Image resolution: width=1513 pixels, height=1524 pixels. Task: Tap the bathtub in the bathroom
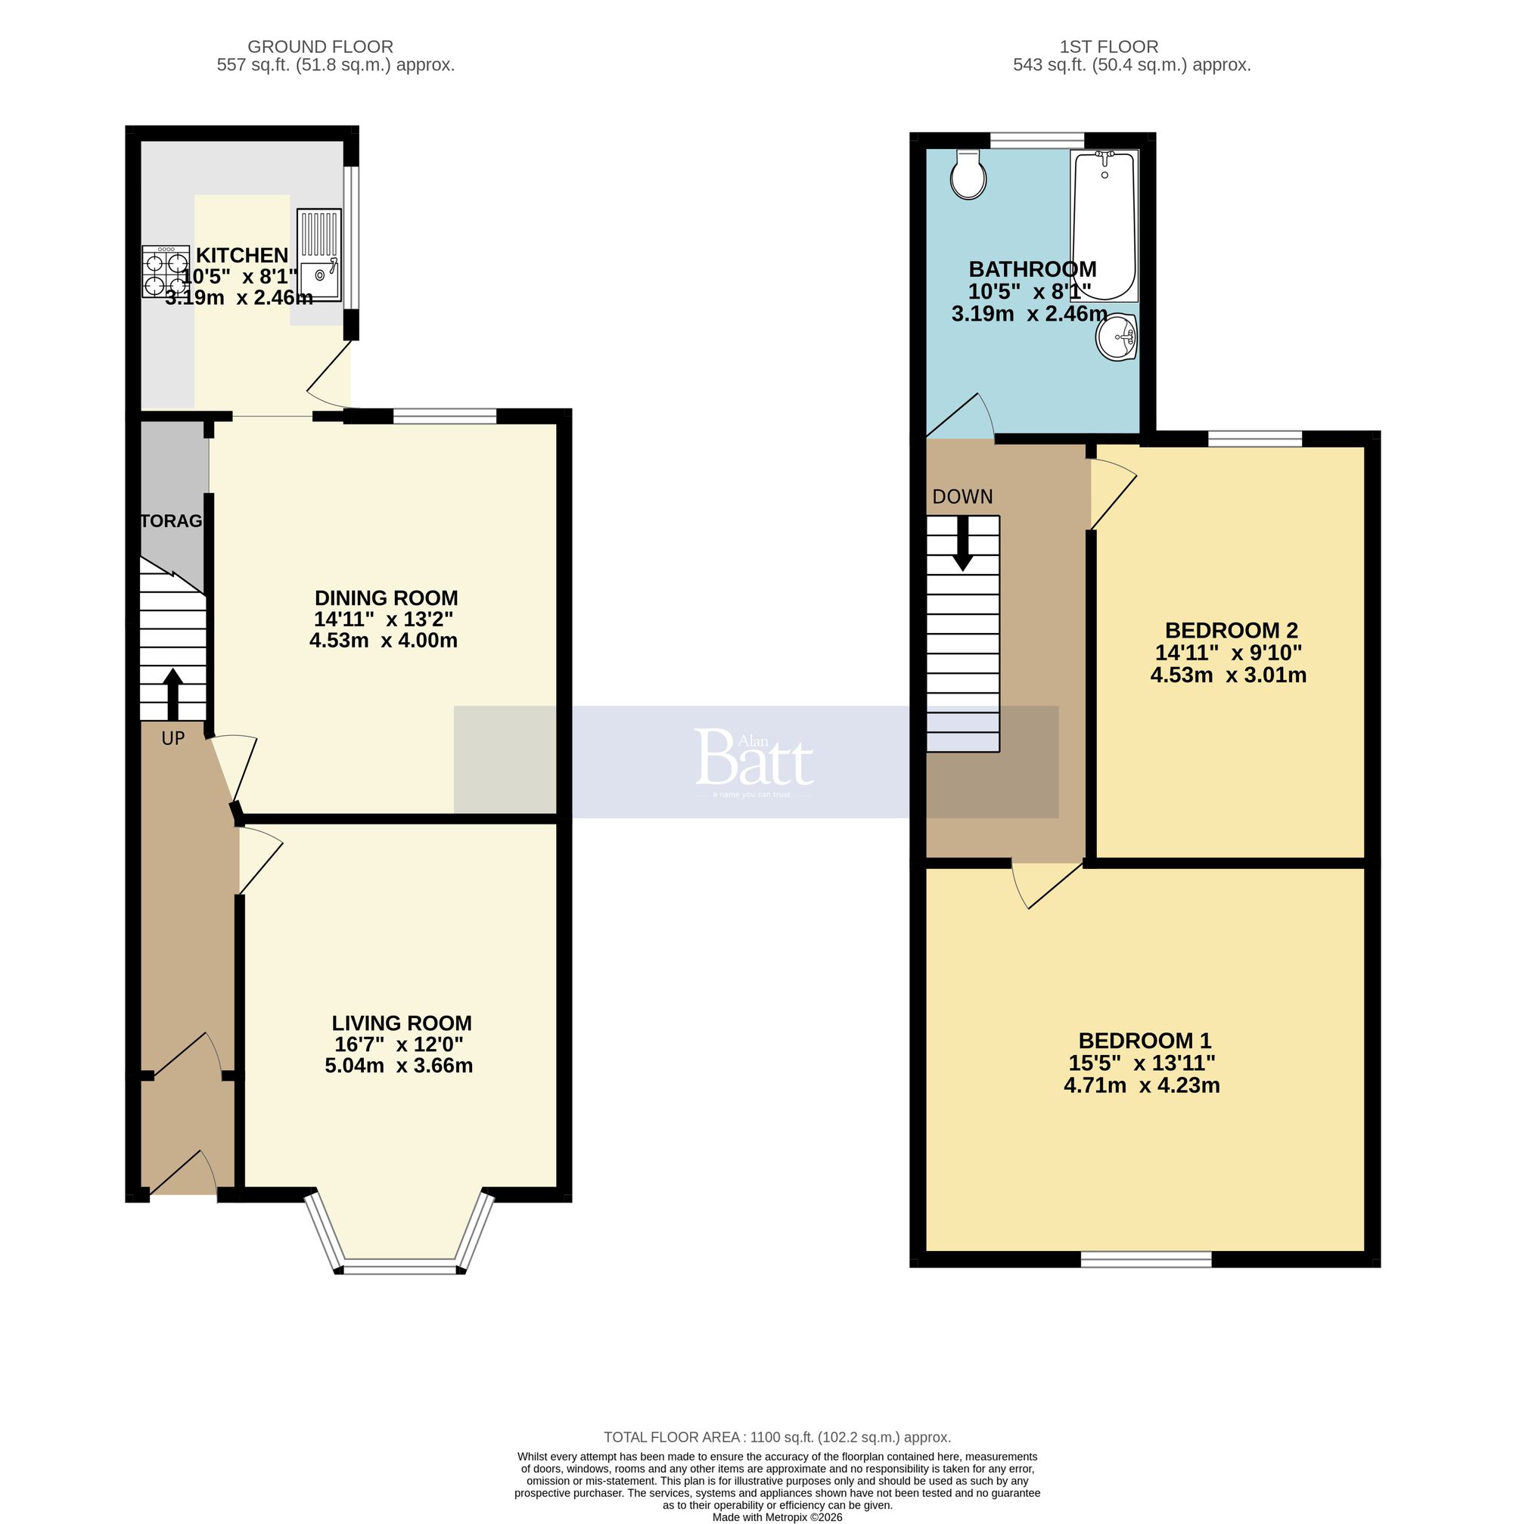pos(1104,225)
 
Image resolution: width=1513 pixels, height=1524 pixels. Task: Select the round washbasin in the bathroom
pos(1116,337)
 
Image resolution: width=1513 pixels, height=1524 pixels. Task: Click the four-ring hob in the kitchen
pos(166,272)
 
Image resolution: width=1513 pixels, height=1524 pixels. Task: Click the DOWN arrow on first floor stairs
pos(962,544)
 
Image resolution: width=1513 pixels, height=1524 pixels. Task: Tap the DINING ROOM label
pos(386,597)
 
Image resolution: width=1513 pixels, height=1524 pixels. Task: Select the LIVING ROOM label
pos(402,1023)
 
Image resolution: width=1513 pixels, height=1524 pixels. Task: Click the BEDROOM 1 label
pos(1145,1041)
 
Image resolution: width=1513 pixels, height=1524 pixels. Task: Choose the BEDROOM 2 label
pos(1231,630)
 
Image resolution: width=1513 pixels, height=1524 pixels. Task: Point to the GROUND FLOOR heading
pos(320,47)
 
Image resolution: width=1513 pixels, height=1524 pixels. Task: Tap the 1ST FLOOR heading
pos(1108,47)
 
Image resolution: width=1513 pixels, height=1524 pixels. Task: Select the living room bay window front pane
pos(401,1269)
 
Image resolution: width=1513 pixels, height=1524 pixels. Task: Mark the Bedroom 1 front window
pos(1145,1260)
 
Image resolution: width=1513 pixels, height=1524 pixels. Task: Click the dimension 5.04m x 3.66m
pos(399,1066)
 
